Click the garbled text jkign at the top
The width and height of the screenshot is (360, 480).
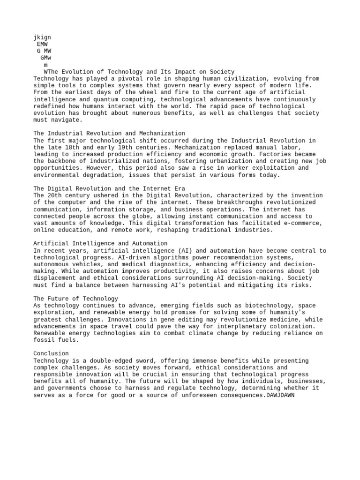42,37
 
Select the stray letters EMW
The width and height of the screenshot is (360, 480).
42,44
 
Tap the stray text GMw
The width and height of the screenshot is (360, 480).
46,58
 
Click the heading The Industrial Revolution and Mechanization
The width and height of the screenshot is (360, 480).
109,134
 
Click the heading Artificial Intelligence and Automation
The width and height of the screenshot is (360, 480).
100,244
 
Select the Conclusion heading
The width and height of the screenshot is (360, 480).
51,353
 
